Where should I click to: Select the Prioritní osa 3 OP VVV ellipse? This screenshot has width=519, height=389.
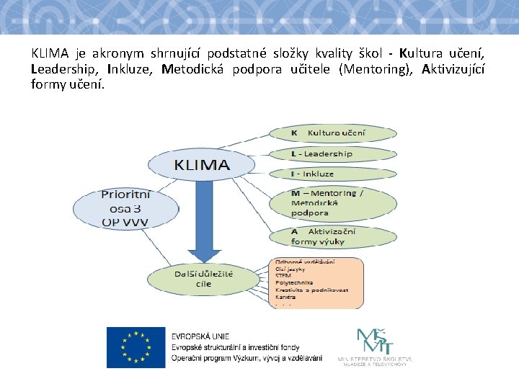[125, 208]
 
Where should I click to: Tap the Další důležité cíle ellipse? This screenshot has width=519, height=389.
[203, 279]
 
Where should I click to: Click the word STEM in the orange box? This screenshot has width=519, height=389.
[283, 274]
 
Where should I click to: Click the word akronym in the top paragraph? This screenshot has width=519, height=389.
[118, 54]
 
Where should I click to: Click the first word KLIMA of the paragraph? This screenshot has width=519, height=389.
[50, 54]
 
